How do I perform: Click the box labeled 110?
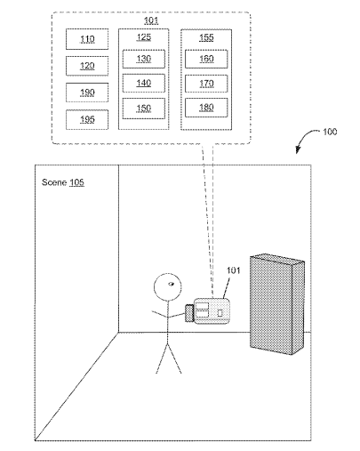pyautogui.click(x=87, y=39)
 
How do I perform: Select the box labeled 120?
pyautogui.click(x=87, y=66)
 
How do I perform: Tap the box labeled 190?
pyautogui.click(x=87, y=93)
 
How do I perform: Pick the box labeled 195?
pyautogui.click(x=87, y=119)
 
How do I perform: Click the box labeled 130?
pyautogui.click(x=144, y=59)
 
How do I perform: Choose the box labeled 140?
pyautogui.click(x=144, y=83)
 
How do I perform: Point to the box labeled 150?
pyautogui.click(x=144, y=109)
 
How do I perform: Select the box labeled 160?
pyautogui.click(x=206, y=59)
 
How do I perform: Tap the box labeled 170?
pyautogui.click(x=206, y=84)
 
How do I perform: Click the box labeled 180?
pyautogui.click(x=206, y=108)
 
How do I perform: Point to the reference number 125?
pyautogui.click(x=144, y=37)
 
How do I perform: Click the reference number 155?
pyautogui.click(x=206, y=37)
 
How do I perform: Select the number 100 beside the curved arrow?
pyautogui.click(x=330, y=132)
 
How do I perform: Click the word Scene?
pyautogui.click(x=54, y=182)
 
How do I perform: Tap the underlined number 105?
pyautogui.click(x=76, y=182)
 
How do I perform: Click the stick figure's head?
pyautogui.click(x=168, y=286)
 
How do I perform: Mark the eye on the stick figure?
pyautogui.click(x=172, y=284)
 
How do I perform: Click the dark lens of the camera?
pyautogui.click(x=189, y=313)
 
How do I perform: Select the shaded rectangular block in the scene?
pyautogui.click(x=277, y=304)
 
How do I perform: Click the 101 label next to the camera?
pyautogui.click(x=234, y=270)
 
